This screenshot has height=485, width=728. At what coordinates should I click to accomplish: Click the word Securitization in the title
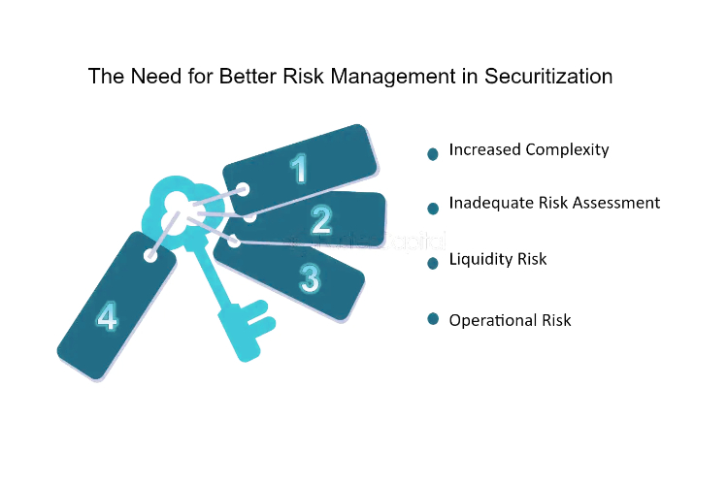(548, 76)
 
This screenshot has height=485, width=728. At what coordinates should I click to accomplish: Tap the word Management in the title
(393, 77)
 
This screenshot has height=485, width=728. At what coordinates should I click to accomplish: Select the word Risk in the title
(303, 76)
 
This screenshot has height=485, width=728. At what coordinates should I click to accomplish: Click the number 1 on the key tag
(299, 168)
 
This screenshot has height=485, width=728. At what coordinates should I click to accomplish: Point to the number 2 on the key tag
(321, 219)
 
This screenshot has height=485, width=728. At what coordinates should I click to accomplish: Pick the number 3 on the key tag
(310, 278)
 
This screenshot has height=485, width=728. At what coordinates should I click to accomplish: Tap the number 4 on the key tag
(107, 316)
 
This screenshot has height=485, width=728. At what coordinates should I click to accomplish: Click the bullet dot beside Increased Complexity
(433, 154)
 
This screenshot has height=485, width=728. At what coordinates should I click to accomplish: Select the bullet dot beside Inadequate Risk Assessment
(433, 209)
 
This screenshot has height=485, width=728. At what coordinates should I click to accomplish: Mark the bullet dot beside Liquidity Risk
(433, 263)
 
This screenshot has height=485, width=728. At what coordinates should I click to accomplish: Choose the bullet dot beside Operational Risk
(433, 319)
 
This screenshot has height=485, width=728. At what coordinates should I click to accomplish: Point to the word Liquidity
(481, 259)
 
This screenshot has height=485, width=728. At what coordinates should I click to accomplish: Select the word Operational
(493, 321)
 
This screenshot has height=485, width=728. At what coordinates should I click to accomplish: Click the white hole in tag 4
(150, 255)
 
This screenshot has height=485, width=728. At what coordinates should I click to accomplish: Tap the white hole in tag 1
(244, 189)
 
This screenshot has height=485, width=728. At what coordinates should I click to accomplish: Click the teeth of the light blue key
(257, 318)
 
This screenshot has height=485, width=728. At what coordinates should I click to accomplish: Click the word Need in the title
(156, 76)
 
